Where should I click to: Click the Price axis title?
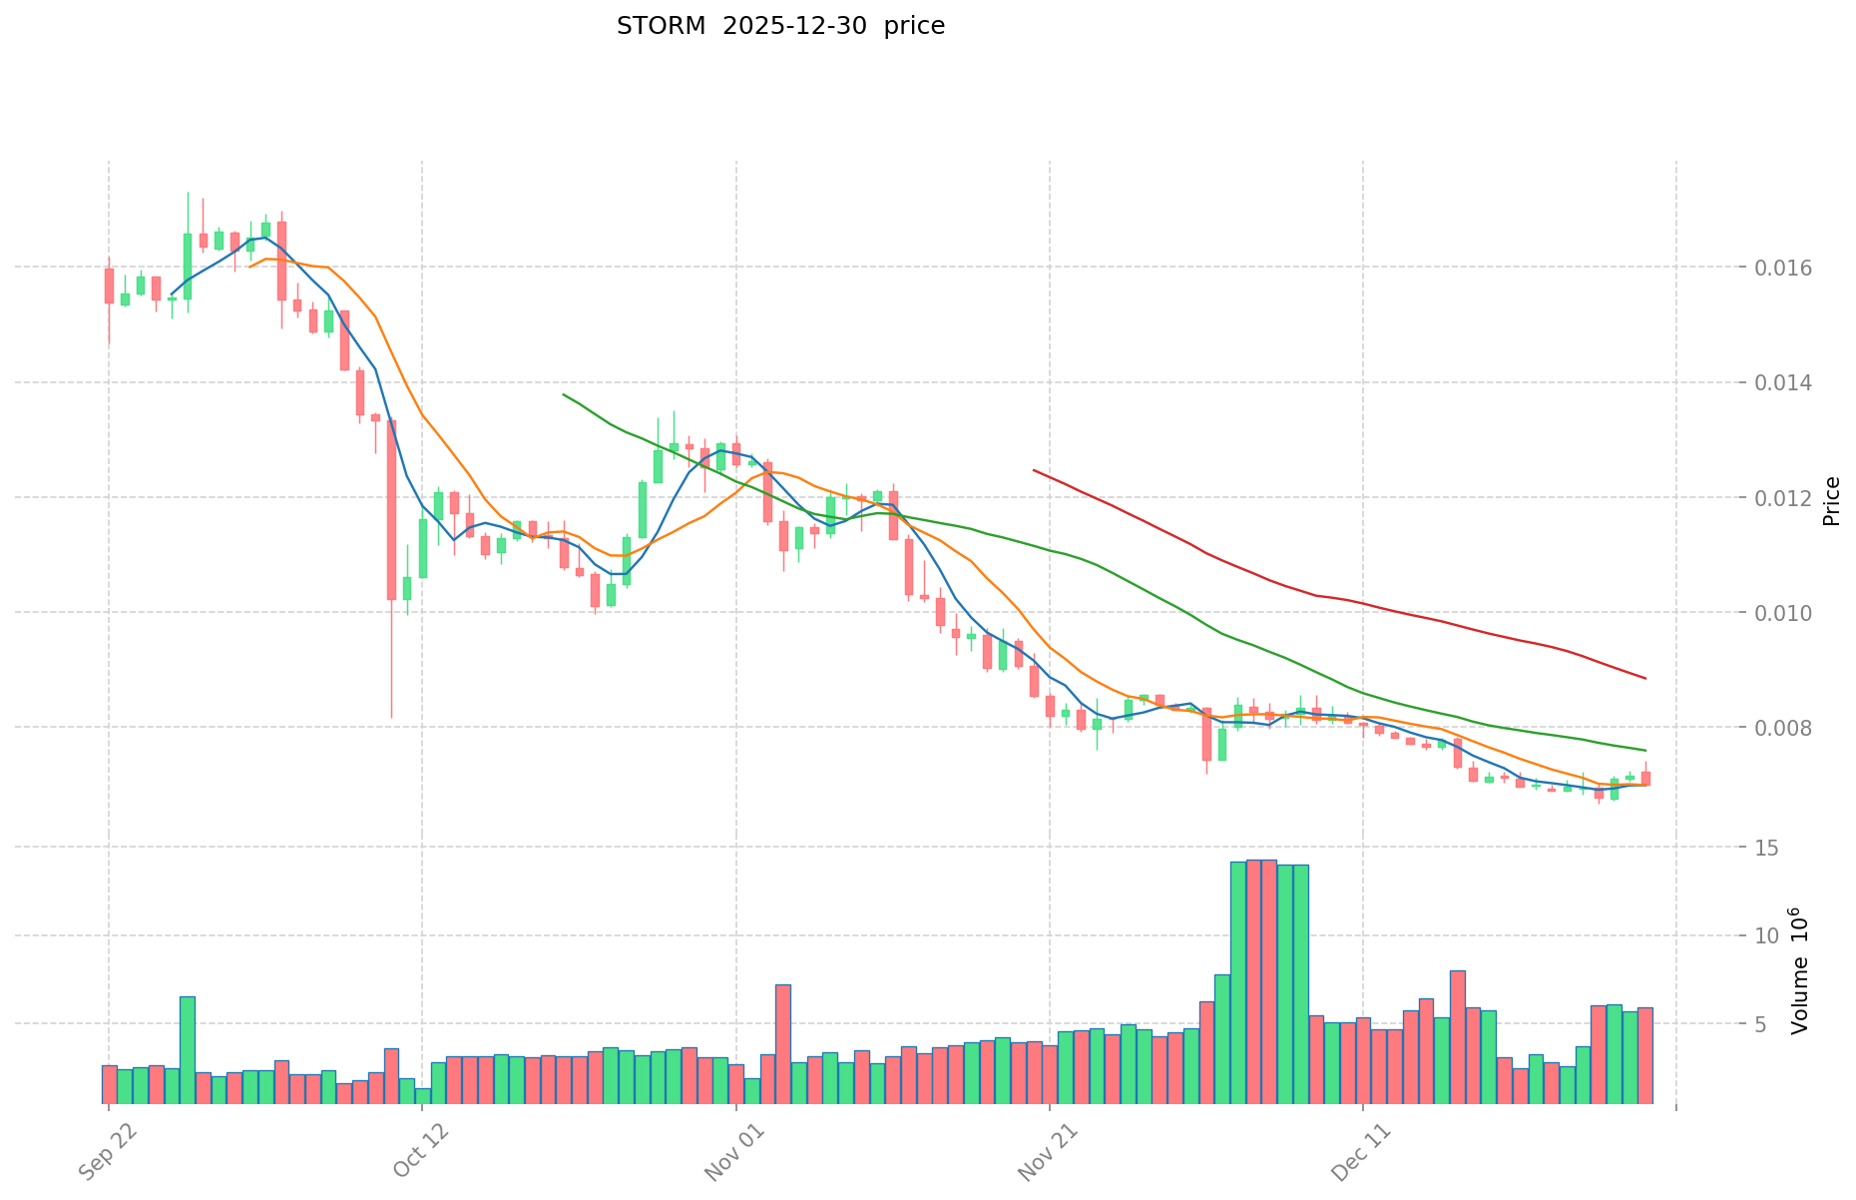click(x=1831, y=501)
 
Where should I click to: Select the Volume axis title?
click(x=1799, y=970)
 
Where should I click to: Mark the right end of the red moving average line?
click(x=1645, y=679)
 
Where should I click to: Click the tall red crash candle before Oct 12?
click(x=392, y=509)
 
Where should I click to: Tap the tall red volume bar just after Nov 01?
click(x=783, y=1043)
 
